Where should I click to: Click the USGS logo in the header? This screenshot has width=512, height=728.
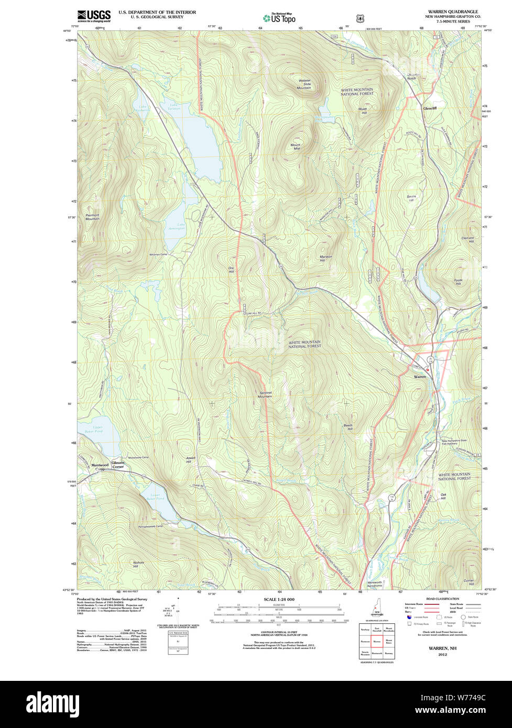point(94,15)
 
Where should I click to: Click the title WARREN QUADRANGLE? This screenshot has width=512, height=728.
point(453,12)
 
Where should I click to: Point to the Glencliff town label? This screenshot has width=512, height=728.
point(430,108)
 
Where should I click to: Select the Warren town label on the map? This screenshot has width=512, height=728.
point(420,377)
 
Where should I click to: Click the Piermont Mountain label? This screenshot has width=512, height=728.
point(92,216)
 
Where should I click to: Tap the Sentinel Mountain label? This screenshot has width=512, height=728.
point(266,394)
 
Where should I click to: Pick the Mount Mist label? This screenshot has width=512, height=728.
point(296,147)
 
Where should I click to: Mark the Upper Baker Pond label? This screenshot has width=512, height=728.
point(97,429)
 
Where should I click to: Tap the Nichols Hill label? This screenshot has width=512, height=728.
point(138,565)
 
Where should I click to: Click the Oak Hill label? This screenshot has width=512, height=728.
point(443,497)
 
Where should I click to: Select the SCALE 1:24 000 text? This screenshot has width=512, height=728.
point(279,599)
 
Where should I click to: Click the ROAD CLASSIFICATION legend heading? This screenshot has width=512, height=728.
point(443,599)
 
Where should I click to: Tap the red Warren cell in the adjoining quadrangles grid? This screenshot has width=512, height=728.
point(377,641)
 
